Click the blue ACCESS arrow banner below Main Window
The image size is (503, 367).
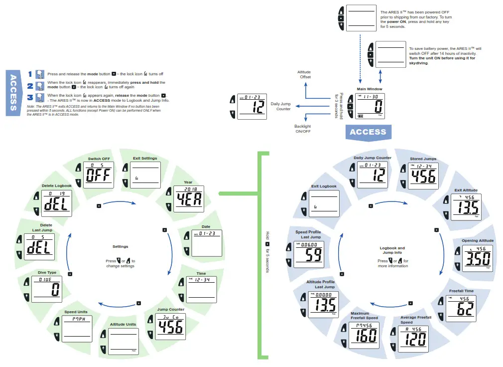click(368, 132)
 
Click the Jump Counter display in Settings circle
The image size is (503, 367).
click(170, 326)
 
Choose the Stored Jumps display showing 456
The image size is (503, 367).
click(423, 175)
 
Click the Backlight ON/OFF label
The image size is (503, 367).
click(303, 129)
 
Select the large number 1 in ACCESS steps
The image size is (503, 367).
click(30, 74)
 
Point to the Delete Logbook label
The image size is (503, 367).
click(57, 185)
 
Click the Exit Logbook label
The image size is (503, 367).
click(324, 186)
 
